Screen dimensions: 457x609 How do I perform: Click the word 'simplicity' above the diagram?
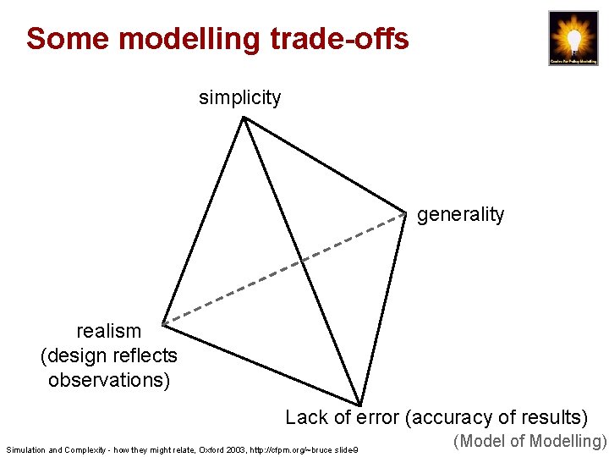click(239, 97)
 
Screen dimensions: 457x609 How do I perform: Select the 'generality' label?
click(460, 215)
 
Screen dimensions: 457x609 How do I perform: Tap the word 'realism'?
click(109, 331)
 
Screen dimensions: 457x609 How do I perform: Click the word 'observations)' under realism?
click(109, 380)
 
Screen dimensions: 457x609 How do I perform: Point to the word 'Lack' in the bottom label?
click(306, 417)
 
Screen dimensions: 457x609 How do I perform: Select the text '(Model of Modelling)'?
click(530, 441)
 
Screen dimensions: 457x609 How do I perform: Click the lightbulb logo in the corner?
click(573, 37)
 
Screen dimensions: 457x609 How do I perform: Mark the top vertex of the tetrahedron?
click(244, 118)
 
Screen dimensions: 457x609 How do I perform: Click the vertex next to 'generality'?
click(406, 212)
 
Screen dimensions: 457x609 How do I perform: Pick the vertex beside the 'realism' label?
click(162, 322)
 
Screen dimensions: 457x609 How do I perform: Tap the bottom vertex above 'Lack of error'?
click(359, 404)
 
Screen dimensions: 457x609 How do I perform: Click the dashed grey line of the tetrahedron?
click(284, 268)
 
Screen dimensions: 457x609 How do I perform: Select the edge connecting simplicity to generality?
click(325, 165)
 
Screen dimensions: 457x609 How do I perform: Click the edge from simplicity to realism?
click(203, 220)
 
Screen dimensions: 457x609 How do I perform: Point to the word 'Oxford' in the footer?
click(210, 449)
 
